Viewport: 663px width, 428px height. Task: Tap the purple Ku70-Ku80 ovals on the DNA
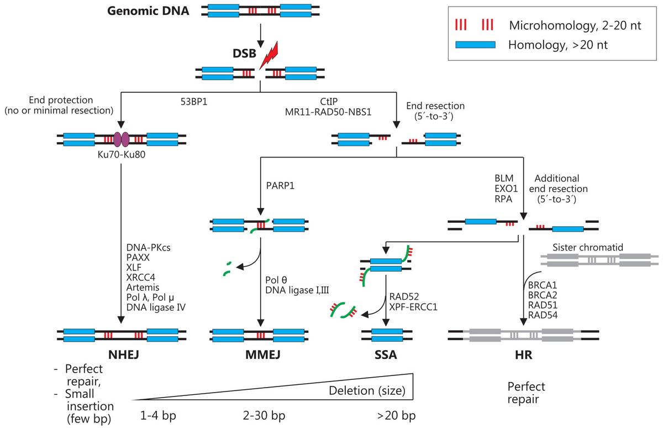[121, 139]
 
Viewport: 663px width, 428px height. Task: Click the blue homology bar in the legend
[475, 45]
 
